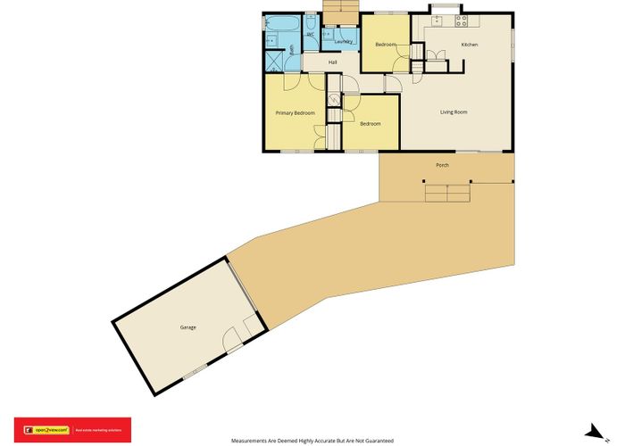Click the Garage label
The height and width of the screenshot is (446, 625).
point(187,327)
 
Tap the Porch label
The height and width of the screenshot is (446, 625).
point(442,166)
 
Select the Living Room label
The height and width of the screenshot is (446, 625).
point(454,112)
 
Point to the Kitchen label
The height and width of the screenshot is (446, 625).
point(469,45)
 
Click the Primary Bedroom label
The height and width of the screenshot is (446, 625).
point(294,113)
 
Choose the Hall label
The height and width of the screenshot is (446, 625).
point(332,62)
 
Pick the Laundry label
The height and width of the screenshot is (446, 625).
point(343,42)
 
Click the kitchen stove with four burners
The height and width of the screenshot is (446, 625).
point(461,20)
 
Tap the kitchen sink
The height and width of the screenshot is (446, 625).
point(439,20)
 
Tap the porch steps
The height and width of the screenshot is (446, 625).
point(446,194)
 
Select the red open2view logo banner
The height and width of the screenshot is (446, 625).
point(71,429)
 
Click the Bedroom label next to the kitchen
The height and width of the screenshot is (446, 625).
point(386,45)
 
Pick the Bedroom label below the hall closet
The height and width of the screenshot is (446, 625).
point(371,124)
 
